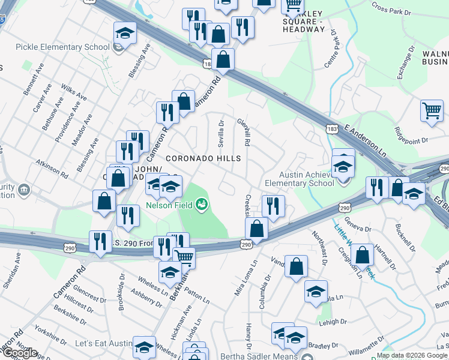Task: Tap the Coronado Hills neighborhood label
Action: tap(203, 158)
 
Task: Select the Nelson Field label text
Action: tap(169, 205)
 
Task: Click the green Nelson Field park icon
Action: tap(202, 205)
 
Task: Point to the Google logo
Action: tap(19, 353)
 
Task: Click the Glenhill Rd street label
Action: tap(244, 131)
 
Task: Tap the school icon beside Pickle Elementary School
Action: tap(124, 34)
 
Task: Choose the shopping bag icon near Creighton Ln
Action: tap(363, 256)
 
